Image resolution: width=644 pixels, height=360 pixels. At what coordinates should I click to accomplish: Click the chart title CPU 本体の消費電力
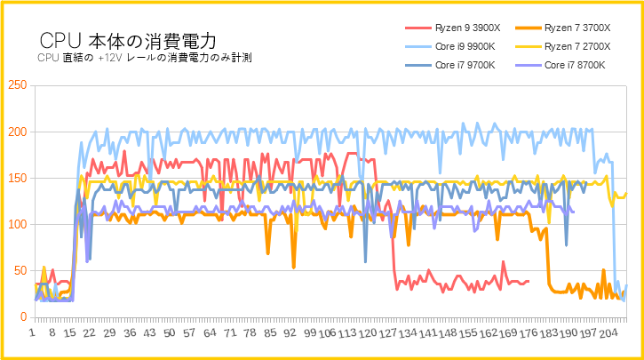pos(128,41)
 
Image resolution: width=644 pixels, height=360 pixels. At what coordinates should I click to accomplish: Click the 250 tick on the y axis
pos(17,85)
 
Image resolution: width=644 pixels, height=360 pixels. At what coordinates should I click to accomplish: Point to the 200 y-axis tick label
pos(17,132)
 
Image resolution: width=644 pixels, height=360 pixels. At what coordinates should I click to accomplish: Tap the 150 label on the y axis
pos(17,178)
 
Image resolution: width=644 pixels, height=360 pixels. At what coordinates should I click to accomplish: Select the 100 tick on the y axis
pos(17,224)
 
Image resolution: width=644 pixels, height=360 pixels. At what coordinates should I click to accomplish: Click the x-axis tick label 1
pos(33,334)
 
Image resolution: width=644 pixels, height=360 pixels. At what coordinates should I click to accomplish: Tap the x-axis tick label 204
pos(608,334)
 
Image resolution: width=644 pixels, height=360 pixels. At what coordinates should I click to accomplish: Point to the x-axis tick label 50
pos(171,334)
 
